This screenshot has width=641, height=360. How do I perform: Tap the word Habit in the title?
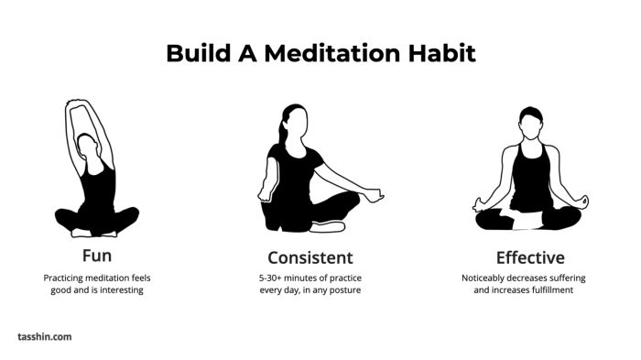[442, 53]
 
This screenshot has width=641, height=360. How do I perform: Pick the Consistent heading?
[310, 256]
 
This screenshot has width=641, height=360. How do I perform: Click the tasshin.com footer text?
[44, 337]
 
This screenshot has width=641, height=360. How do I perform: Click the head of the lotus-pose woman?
[529, 120]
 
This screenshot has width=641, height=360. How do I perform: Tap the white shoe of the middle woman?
[328, 226]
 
